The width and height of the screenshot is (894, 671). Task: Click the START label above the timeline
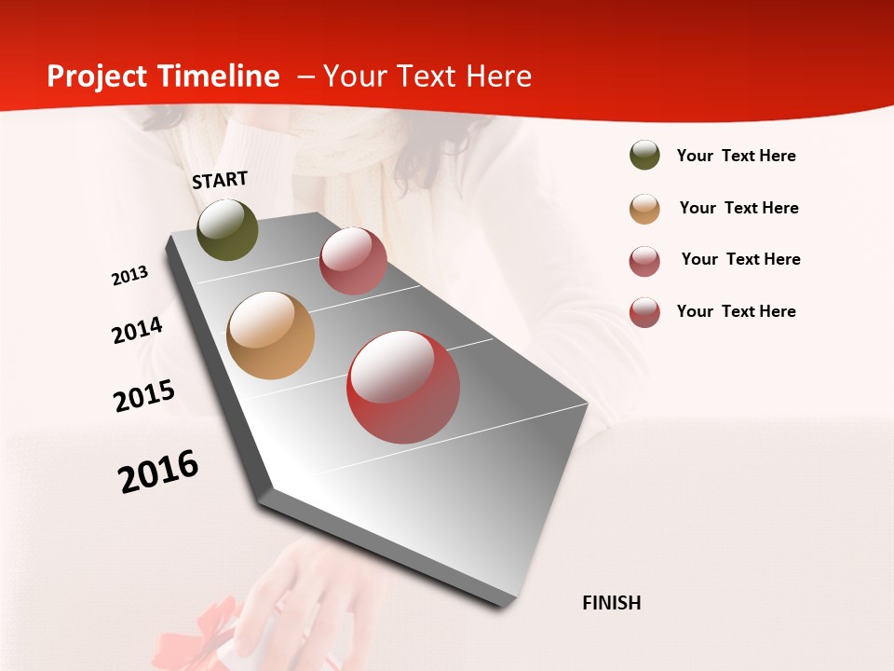pyautogui.click(x=220, y=180)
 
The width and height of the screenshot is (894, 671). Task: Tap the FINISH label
pyautogui.click(x=612, y=603)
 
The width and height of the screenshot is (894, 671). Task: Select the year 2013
pyautogui.click(x=129, y=276)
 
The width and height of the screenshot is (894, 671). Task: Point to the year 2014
pyautogui.click(x=137, y=331)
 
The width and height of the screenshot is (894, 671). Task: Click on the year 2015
pyautogui.click(x=144, y=396)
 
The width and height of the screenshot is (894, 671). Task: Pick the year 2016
pyautogui.click(x=158, y=472)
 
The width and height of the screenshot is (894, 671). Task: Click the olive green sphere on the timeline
pyautogui.click(x=227, y=229)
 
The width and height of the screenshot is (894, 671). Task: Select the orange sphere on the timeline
pyautogui.click(x=270, y=335)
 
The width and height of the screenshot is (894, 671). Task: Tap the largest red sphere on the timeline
pyautogui.click(x=403, y=387)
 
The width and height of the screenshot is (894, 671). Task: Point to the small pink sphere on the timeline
pyautogui.click(x=353, y=261)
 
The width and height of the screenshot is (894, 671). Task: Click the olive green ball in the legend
pyautogui.click(x=644, y=156)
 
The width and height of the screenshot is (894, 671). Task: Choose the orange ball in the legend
pyautogui.click(x=644, y=209)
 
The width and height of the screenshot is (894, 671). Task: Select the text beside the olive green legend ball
pyautogui.click(x=736, y=156)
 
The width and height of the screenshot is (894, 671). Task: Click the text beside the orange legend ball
pyautogui.click(x=738, y=208)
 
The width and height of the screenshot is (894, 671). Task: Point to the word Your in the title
pyautogui.click(x=355, y=76)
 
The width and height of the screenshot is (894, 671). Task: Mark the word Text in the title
pyautogui.click(x=426, y=76)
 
